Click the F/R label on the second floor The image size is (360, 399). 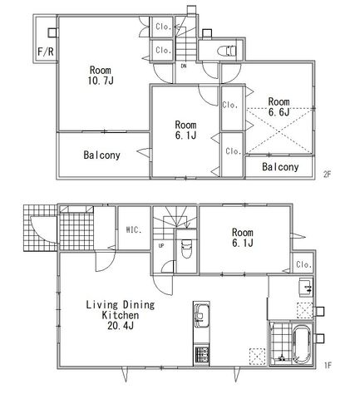point(46,52)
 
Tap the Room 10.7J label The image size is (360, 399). point(101,75)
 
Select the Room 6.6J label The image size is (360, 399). point(279,106)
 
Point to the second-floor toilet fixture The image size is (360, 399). point(227,52)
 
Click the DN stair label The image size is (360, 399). point(184,66)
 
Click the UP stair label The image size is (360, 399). point(161,245)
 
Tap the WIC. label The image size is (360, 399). point(134,229)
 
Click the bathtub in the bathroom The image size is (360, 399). point(302,343)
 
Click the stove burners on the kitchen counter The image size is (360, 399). point(201,355)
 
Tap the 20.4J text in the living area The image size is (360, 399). point(121,326)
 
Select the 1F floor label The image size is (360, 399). point(328,365)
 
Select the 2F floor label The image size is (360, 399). point(328,175)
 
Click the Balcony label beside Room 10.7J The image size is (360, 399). point(101,155)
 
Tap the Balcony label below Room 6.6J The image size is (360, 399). point(280,167)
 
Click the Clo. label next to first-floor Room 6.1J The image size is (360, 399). point(304,264)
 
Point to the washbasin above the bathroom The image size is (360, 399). point(306,287)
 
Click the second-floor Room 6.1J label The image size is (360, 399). point(185,130)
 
